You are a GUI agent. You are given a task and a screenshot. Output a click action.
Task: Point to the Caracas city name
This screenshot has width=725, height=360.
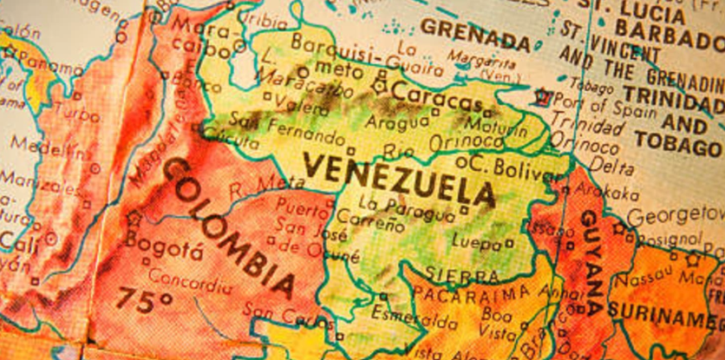[x=429, y=94]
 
